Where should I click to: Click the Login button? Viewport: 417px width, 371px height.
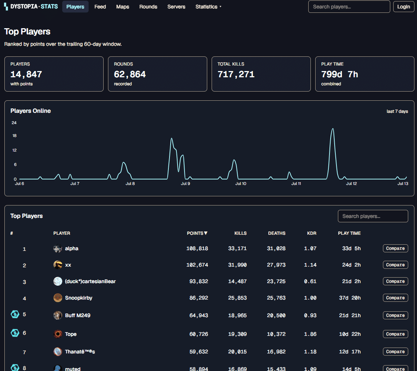point(403,7)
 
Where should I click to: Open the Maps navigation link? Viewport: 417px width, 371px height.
point(123,7)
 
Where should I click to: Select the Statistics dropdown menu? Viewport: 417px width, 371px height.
point(209,7)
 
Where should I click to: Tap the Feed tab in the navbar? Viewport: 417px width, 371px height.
point(100,7)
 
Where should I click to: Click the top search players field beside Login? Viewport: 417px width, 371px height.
point(349,7)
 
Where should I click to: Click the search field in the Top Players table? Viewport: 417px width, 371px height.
point(373,216)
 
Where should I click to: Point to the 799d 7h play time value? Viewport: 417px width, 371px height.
point(340,74)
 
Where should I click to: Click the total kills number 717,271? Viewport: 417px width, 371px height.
point(236,74)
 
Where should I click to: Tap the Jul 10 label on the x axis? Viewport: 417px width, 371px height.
point(241,183)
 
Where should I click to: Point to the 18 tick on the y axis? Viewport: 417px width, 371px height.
point(14,136)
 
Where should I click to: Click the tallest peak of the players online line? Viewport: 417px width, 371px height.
point(333,129)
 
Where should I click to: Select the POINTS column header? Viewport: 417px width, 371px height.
point(197,233)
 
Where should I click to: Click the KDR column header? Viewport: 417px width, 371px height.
point(312,233)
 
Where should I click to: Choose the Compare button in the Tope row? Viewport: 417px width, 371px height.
point(395,334)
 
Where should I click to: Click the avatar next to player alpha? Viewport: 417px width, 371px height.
point(58,248)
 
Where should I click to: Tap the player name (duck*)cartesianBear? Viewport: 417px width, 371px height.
point(90,281)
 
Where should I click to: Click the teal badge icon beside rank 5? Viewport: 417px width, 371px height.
point(15,314)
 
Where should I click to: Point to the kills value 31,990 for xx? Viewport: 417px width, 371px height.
point(238,265)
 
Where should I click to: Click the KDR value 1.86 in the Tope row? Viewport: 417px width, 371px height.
point(310,334)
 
